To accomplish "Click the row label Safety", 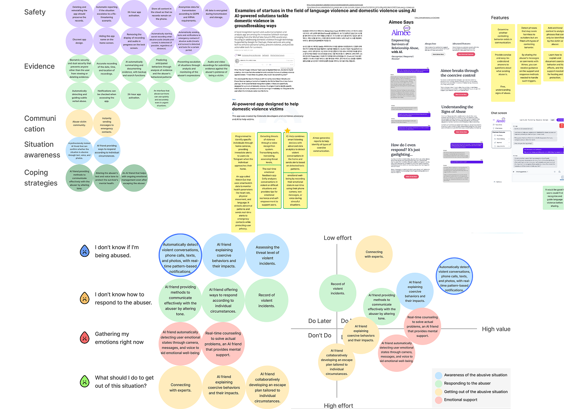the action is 35,12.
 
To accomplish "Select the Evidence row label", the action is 39,66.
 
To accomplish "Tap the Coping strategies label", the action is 41,178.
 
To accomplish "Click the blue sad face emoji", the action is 85,251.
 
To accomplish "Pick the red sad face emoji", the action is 85,338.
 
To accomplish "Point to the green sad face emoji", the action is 85,381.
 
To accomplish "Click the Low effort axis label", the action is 338,238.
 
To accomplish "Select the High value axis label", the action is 496,329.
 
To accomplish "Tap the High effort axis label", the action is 339,406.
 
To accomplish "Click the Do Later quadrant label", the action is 320,321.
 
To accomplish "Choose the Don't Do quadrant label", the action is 320,336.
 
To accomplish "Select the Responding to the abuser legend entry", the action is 467,383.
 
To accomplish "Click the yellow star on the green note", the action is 287,131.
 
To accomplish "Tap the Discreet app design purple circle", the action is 79,41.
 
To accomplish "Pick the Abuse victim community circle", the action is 79,123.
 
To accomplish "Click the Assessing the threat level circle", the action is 267,255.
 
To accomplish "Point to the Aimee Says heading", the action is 401,22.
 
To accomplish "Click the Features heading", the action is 500,18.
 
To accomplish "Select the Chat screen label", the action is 499,113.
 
